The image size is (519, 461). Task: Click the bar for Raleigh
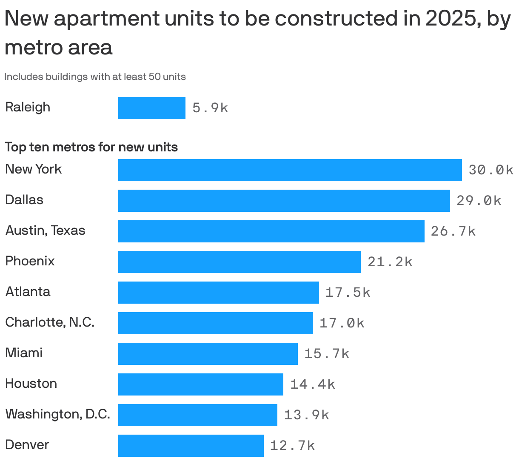[x=151, y=108]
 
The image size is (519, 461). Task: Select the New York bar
[x=290, y=170]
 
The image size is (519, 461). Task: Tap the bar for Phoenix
[x=239, y=262]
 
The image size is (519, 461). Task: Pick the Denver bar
[x=191, y=446]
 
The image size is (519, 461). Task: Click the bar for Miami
[x=208, y=354]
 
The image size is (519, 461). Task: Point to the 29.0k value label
[x=479, y=201]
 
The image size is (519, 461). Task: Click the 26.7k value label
[x=453, y=231]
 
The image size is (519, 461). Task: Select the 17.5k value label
[x=348, y=293]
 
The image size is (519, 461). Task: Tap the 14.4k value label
[x=313, y=384]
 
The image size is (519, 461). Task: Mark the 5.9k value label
[x=210, y=108]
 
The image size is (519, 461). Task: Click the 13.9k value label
[x=306, y=415]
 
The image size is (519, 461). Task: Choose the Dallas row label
[x=24, y=200]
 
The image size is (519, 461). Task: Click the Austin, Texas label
[x=45, y=230]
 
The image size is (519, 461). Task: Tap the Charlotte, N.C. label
[x=50, y=322]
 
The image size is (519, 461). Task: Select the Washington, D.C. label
[x=57, y=414]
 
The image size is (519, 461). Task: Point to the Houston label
[x=31, y=384]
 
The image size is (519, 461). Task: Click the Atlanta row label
[x=28, y=292]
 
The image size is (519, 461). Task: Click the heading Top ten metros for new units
[x=91, y=147]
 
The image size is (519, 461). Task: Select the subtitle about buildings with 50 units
[x=95, y=77]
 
